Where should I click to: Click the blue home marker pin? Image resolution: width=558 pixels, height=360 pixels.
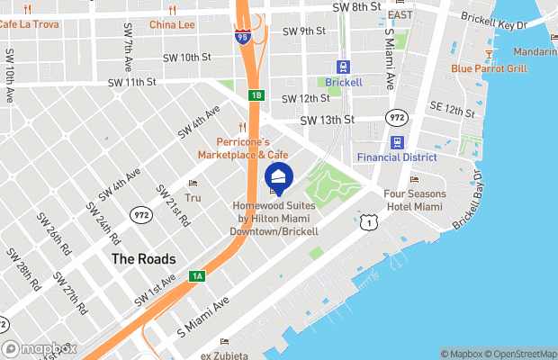(x=279, y=176)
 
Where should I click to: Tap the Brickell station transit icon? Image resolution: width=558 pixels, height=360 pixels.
(x=343, y=67)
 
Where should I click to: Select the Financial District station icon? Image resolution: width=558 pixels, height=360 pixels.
(x=398, y=142)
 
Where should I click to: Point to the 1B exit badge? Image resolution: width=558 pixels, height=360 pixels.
(x=256, y=94)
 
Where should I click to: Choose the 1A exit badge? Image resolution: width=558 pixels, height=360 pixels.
(x=198, y=276)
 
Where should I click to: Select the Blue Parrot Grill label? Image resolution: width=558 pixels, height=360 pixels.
(x=490, y=67)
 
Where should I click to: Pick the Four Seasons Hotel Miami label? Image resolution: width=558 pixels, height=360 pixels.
(x=414, y=200)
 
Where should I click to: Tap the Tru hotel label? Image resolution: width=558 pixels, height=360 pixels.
(x=193, y=196)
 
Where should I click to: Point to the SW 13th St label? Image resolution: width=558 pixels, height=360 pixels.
(x=328, y=120)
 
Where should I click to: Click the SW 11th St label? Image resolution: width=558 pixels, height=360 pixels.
(x=132, y=82)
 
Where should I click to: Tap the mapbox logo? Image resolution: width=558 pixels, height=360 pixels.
(x=40, y=348)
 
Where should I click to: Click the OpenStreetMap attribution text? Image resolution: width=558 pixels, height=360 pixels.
(x=522, y=354)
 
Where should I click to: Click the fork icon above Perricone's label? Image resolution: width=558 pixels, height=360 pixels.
(x=241, y=127)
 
